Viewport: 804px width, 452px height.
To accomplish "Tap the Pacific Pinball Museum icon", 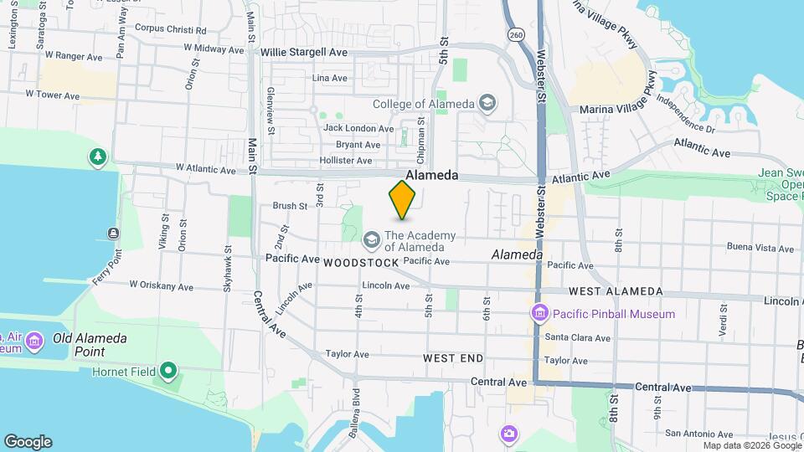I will point(540,314).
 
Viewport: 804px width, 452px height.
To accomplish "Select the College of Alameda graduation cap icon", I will point(487,104).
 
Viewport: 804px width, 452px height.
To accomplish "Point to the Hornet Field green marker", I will point(168,370).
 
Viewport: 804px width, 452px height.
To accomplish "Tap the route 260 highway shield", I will point(516,34).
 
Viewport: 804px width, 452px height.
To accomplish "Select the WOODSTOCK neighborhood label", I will point(361,263).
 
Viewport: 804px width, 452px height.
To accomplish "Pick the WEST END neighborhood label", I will point(453,358).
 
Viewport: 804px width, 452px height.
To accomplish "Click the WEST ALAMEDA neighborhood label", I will point(615,292).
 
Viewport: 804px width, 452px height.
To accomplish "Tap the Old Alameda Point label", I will point(90,338).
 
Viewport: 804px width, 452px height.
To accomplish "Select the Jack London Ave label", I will point(358,129).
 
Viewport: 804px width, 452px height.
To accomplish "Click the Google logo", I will point(28,442).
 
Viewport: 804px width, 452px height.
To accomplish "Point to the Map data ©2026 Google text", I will point(753,446).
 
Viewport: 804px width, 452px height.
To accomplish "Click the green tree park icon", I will point(99,157).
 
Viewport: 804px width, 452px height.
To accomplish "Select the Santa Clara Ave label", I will point(577,337).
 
